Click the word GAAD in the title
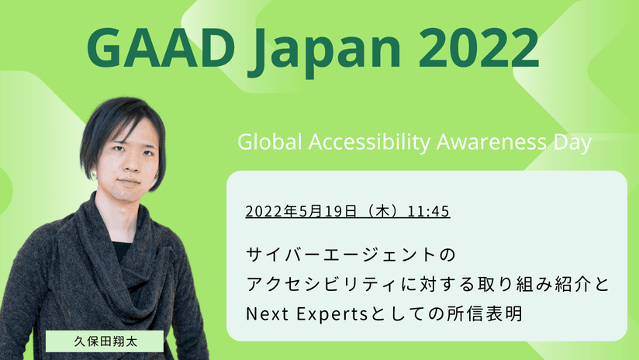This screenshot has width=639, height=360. (x=161, y=47)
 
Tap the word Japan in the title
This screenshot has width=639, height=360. (x=324, y=52)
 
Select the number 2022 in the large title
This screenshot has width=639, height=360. (x=478, y=47)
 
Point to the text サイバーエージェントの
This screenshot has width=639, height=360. (x=351, y=254)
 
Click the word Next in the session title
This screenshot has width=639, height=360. (x=268, y=314)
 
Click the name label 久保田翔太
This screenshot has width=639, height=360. (x=105, y=341)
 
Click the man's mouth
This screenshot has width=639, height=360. (x=129, y=182)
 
